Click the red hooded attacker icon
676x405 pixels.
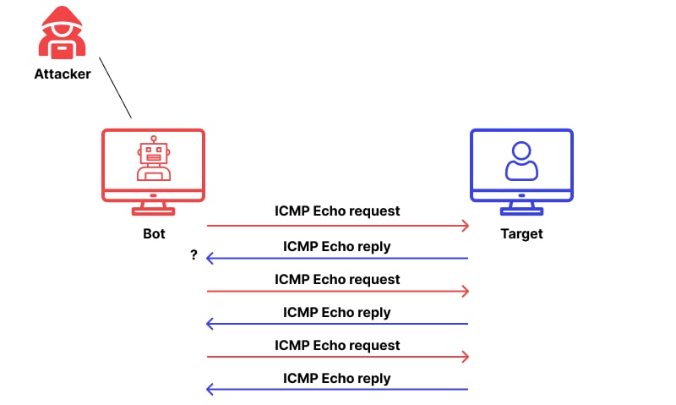(x=62, y=32)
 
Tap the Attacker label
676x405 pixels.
(x=63, y=74)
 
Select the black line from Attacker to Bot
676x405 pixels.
(x=115, y=88)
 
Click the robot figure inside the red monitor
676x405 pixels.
(x=154, y=158)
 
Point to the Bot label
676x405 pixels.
(x=154, y=233)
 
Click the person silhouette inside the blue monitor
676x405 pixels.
(x=521, y=161)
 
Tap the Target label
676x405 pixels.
(x=521, y=233)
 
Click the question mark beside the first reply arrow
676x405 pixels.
(x=194, y=254)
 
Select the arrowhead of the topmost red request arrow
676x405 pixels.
(x=466, y=226)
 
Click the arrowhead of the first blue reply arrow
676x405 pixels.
(x=210, y=259)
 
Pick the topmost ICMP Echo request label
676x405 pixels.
(x=337, y=211)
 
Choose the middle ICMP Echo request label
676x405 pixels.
(x=337, y=280)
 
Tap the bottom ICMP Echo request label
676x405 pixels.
(x=337, y=346)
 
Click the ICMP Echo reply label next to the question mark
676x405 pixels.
(x=336, y=247)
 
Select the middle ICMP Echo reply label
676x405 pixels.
(x=336, y=312)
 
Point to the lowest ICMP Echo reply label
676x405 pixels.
(x=336, y=378)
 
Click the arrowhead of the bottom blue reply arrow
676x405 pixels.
(x=210, y=390)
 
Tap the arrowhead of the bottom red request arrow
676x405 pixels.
(x=466, y=357)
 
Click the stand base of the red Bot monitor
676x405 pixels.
(x=153, y=211)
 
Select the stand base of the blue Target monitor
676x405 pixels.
(x=521, y=211)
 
